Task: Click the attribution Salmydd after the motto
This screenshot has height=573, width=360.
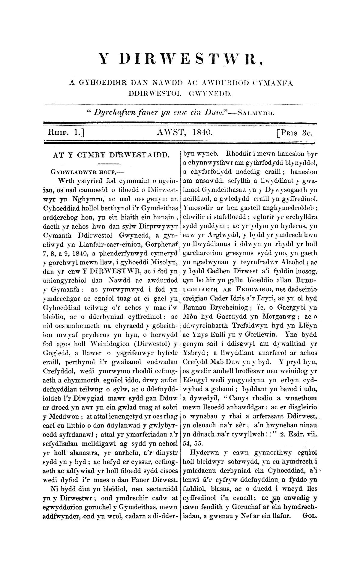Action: click(256, 113)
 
